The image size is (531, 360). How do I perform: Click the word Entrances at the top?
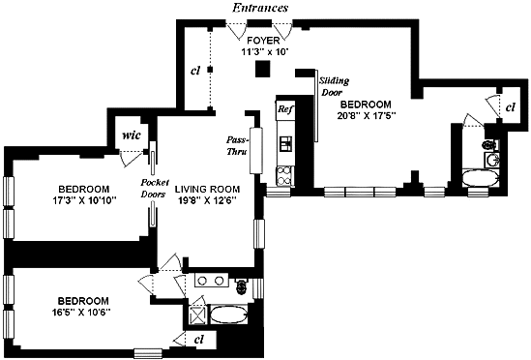[260, 8]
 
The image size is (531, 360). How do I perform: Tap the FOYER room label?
[263, 41]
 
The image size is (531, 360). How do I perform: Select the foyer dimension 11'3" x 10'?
[263, 52]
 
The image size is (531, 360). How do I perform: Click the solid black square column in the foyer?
[262, 69]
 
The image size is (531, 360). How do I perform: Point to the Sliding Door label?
[334, 86]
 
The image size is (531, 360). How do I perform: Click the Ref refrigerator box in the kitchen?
[285, 109]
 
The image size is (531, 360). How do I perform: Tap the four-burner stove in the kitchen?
[285, 176]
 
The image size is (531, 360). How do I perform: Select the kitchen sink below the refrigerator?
[285, 143]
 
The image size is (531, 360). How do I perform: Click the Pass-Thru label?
[237, 145]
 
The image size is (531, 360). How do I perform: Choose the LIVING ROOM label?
[207, 189]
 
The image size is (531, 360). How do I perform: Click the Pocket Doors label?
[155, 188]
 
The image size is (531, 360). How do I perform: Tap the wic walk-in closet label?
[131, 135]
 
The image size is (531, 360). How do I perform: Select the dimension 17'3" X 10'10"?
[84, 200]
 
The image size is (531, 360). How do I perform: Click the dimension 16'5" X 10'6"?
[81, 313]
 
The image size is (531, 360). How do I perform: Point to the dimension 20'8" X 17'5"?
[367, 116]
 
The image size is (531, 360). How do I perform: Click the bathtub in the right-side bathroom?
[481, 178]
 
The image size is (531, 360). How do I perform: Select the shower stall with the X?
[195, 315]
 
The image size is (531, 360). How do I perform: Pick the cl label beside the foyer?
[195, 71]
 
